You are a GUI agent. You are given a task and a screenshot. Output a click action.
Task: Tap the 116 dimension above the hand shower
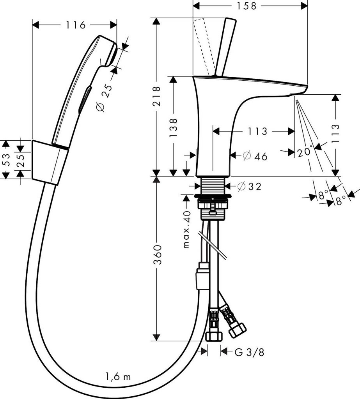[75, 25]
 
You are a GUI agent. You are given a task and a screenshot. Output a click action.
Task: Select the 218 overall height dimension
[156, 96]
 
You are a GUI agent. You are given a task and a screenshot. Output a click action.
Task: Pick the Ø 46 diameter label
[255, 156]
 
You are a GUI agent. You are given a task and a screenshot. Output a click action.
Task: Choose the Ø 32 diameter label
[249, 187]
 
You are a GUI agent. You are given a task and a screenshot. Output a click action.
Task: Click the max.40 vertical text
[186, 230]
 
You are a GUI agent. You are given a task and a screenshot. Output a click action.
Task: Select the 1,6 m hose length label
[118, 376]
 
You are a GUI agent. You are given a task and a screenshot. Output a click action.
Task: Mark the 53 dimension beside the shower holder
[5, 159]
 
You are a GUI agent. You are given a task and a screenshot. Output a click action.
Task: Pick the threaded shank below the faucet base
[213, 185]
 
